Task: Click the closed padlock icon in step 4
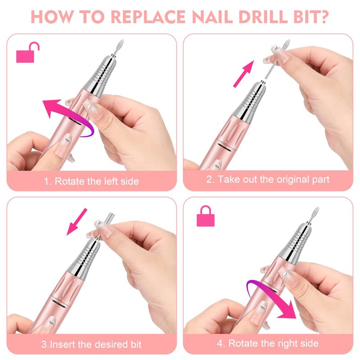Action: click(x=206, y=216)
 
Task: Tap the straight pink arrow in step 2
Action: click(x=243, y=74)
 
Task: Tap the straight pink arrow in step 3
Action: click(x=76, y=222)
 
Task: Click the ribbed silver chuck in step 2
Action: click(x=250, y=101)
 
